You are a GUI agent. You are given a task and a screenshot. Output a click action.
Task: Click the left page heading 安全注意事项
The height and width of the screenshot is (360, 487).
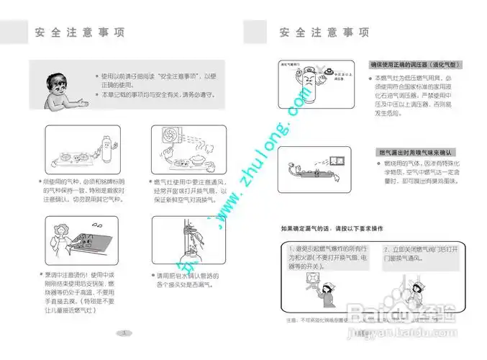(80, 33)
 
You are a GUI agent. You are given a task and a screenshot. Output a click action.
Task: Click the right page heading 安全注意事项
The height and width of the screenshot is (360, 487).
(324, 33)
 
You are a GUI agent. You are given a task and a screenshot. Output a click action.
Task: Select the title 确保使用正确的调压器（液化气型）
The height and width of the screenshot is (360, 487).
(416, 65)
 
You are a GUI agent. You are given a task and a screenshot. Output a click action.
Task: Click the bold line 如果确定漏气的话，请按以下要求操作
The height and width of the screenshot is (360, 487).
(332, 229)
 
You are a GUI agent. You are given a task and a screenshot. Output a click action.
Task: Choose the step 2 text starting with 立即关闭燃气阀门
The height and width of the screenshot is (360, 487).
(421, 252)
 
